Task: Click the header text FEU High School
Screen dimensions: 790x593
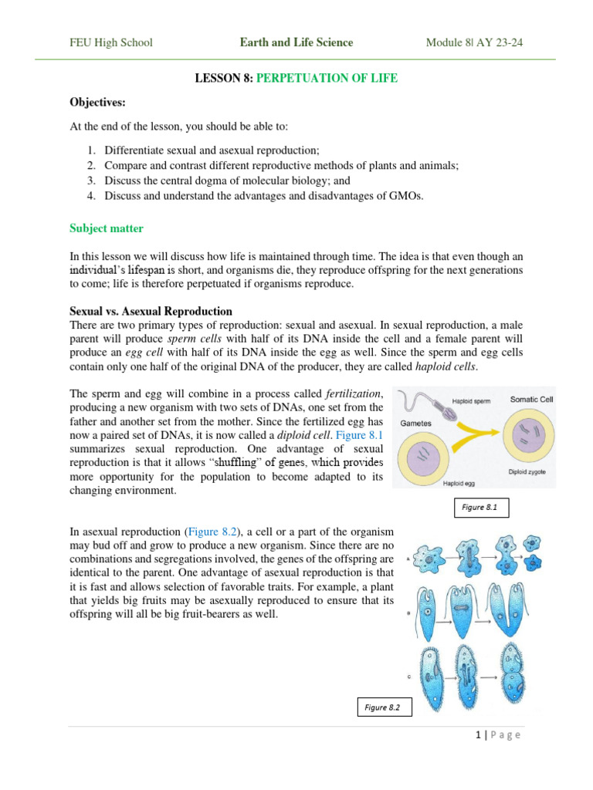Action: click(111, 42)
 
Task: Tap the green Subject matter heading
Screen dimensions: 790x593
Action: click(107, 228)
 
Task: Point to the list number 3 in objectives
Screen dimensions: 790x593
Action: click(90, 181)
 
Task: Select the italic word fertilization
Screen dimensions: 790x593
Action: click(354, 393)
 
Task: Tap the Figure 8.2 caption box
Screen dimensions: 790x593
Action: click(384, 707)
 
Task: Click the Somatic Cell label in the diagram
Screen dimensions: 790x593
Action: click(531, 400)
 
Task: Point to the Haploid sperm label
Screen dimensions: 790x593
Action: click(473, 402)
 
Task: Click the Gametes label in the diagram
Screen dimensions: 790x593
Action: click(415, 424)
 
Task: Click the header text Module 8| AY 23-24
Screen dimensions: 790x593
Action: click(474, 42)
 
